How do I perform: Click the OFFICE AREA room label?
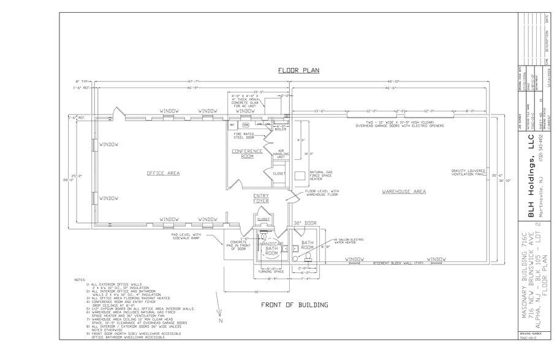click(163, 173)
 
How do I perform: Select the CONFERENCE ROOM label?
click(247, 154)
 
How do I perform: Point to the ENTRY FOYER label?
click(262, 198)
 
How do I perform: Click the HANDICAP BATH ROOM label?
click(271, 247)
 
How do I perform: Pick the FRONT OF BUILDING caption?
click(294, 304)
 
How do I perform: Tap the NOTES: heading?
click(80, 280)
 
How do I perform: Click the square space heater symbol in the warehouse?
click(300, 175)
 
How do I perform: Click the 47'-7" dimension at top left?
click(195, 81)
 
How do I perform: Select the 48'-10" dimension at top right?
click(393, 81)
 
